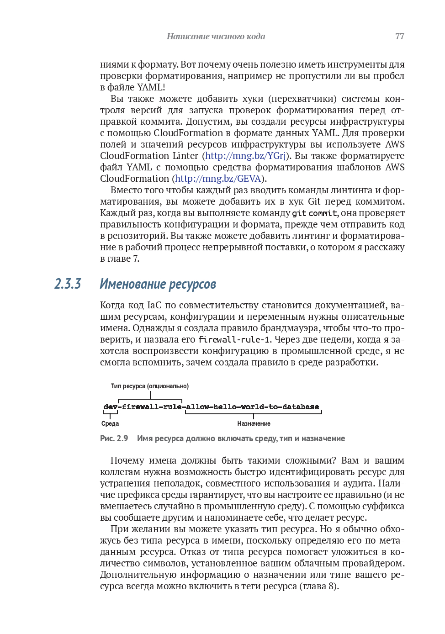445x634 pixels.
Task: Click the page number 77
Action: [399, 37]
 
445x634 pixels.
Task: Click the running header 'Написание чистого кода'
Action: [216, 37]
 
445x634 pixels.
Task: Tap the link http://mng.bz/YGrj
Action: [245, 156]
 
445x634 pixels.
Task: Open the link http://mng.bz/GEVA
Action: [218, 179]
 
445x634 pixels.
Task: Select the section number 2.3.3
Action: [68, 284]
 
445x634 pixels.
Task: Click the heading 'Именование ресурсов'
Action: [158, 284]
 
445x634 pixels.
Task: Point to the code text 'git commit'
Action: [314, 213]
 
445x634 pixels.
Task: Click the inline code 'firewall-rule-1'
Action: [234, 340]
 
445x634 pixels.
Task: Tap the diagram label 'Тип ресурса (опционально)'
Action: [149, 386]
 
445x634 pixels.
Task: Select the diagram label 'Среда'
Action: [110, 424]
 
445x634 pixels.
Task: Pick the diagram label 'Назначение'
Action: [254, 424]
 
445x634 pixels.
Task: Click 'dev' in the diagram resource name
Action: [110, 407]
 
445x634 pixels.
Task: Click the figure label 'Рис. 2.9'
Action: [114, 439]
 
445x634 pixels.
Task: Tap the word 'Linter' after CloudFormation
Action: [185, 156]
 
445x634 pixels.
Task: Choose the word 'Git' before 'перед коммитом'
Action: [314, 201]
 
